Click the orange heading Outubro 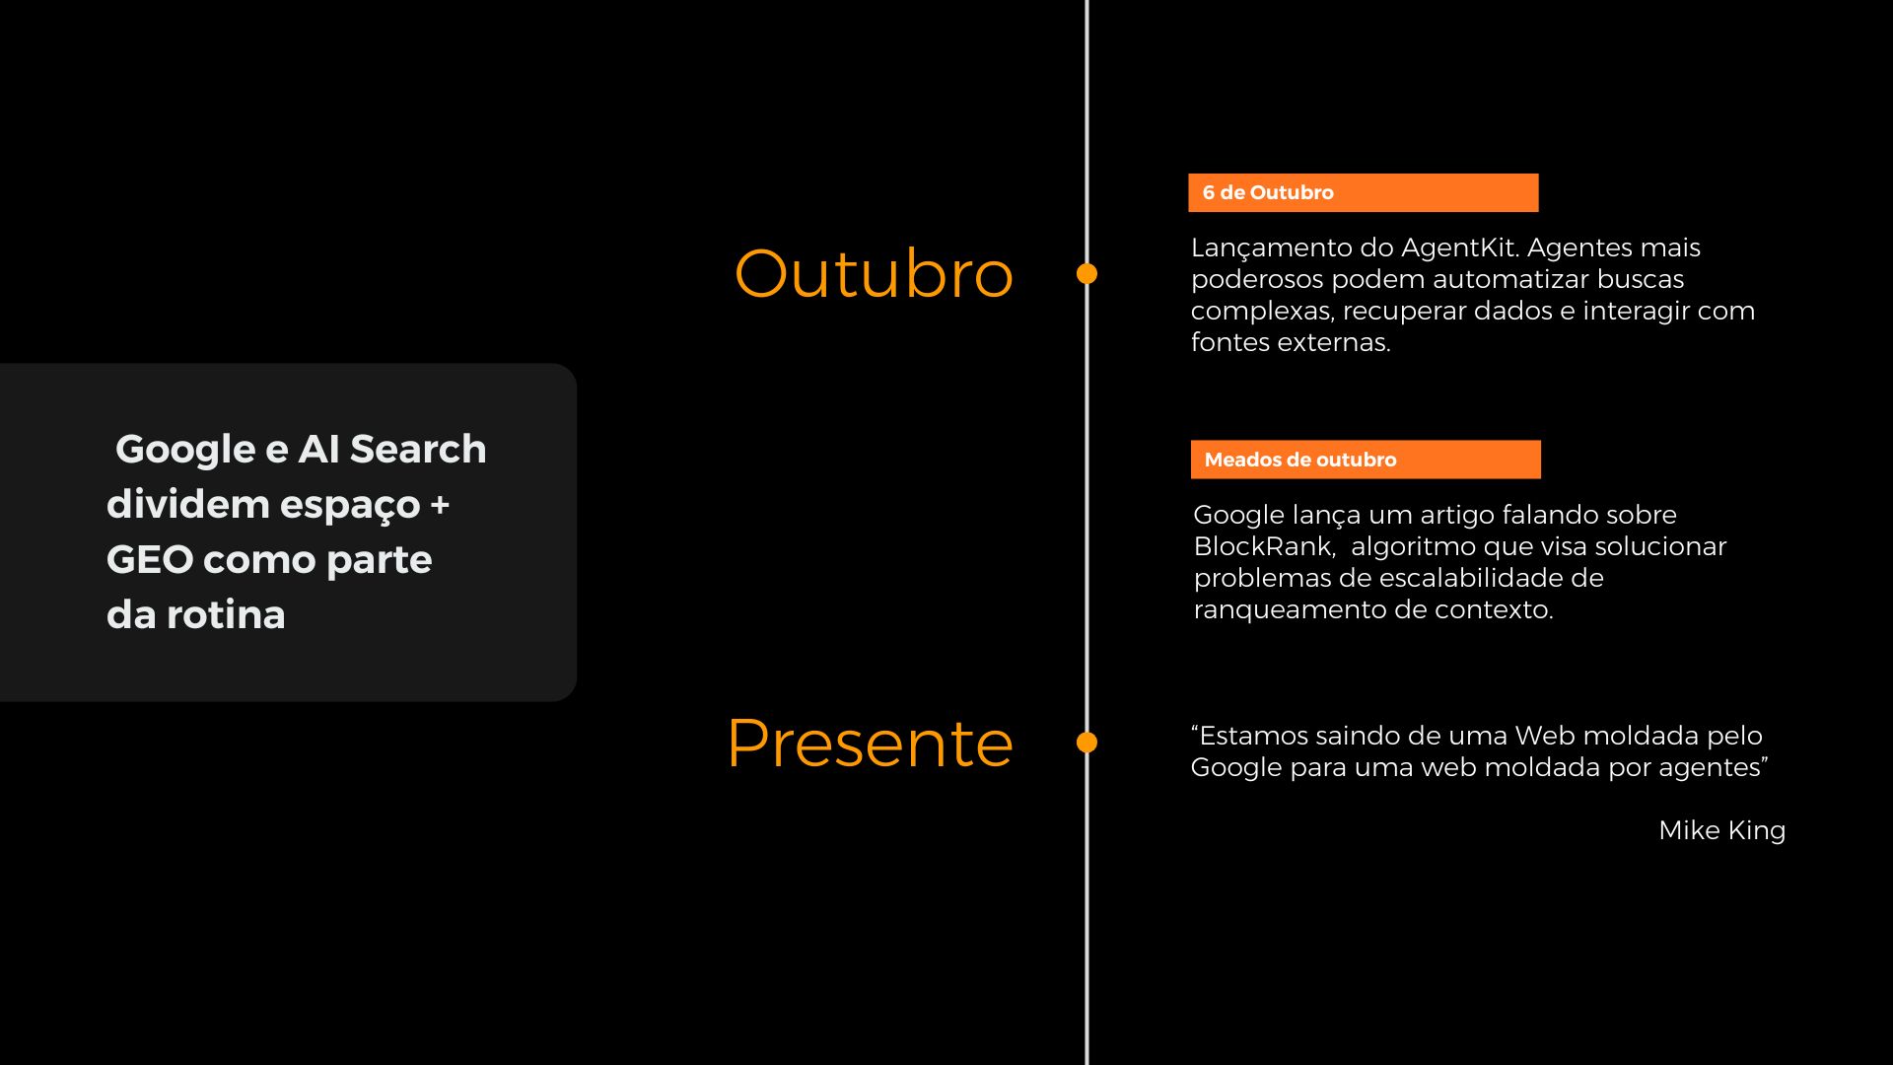pyautogui.click(x=874, y=273)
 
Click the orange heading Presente pyautogui.click(x=870, y=743)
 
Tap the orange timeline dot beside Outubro pyautogui.click(x=1087, y=274)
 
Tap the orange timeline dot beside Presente pyautogui.click(x=1087, y=743)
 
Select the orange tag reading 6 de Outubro pyautogui.click(x=1363, y=192)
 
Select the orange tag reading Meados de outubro pyautogui.click(x=1366, y=460)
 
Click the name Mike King pyautogui.click(x=1721, y=830)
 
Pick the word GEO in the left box pyautogui.click(x=149, y=559)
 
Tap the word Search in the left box pyautogui.click(x=418, y=449)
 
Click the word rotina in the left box pyautogui.click(x=226, y=614)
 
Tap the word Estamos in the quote pyautogui.click(x=1250, y=736)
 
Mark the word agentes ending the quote pyautogui.click(x=1715, y=768)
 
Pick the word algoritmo pyautogui.click(x=1413, y=547)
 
